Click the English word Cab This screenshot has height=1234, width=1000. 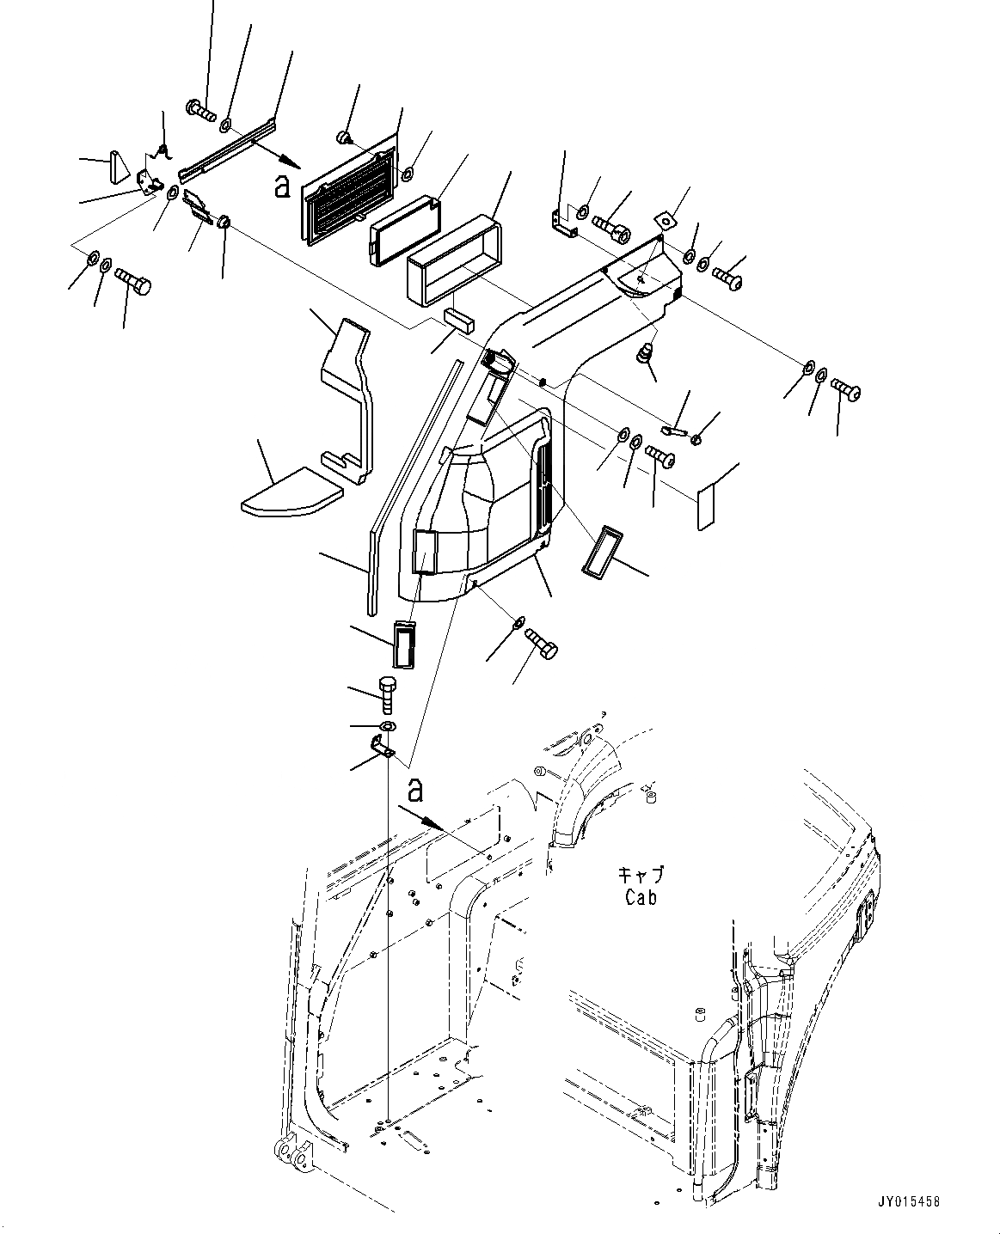tap(641, 897)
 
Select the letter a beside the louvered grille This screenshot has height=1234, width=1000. tap(281, 185)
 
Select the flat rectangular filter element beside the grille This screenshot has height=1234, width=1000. tap(405, 228)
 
